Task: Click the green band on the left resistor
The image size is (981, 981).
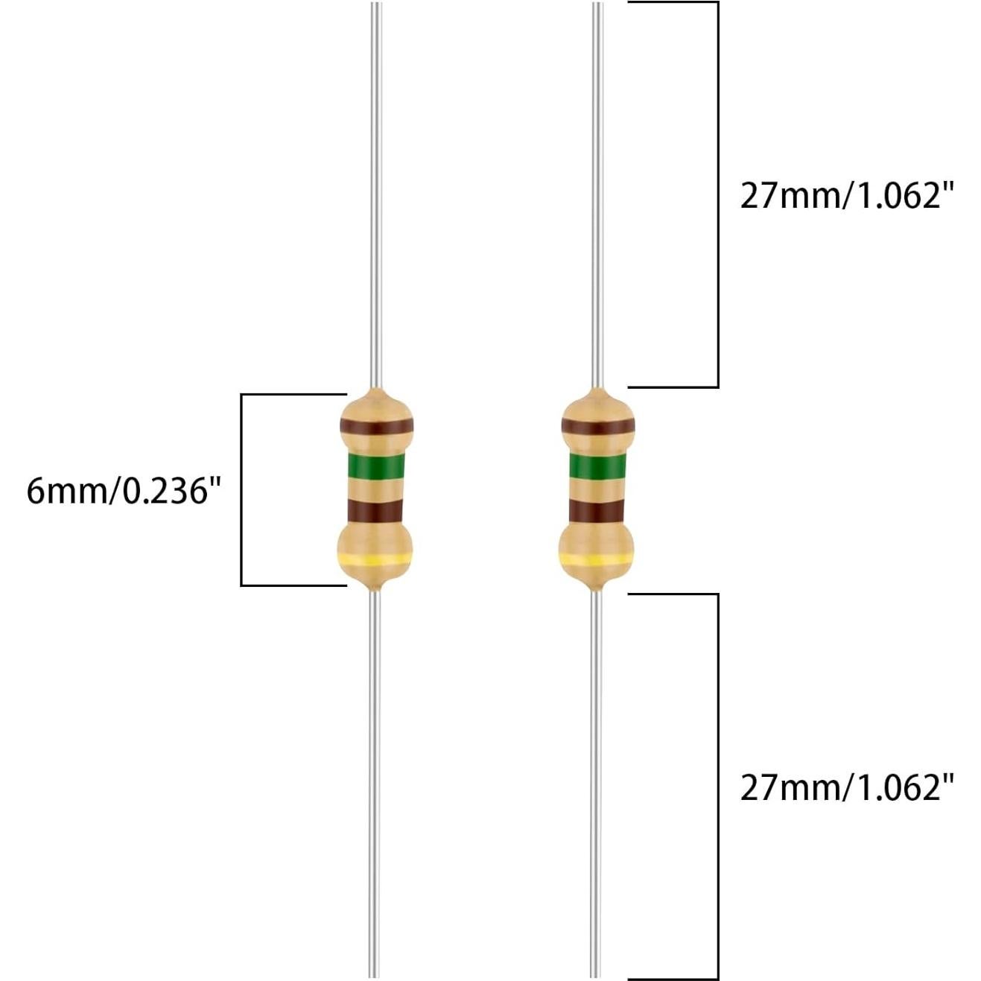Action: (x=376, y=467)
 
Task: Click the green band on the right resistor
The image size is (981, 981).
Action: (x=597, y=467)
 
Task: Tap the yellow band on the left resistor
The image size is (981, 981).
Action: (x=375, y=559)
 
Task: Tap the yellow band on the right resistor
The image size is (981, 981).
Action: (x=595, y=559)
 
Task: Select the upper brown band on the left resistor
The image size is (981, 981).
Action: (x=376, y=427)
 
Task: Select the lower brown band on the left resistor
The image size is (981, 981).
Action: (x=375, y=510)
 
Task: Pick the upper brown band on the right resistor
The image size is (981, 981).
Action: (x=597, y=427)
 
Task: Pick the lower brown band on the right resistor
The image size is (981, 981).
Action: (x=596, y=510)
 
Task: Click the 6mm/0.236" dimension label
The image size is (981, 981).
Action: (x=124, y=491)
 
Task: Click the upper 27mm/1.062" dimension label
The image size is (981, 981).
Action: (x=847, y=196)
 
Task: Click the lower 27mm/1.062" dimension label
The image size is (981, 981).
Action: (x=847, y=787)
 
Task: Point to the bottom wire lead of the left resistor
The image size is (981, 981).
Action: (x=375, y=782)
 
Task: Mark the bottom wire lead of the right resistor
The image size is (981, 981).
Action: (x=594, y=782)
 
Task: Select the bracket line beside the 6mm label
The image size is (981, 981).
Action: (x=241, y=489)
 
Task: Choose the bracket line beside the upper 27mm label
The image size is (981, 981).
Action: (x=717, y=194)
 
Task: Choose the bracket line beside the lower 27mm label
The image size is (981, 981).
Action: (x=717, y=787)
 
